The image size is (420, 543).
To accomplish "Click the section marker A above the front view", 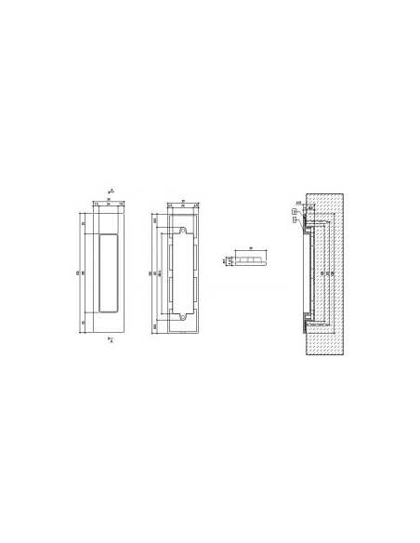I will [x=112, y=190].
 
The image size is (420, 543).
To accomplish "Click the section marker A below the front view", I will [x=112, y=340].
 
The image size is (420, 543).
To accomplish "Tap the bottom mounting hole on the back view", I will [x=183, y=317].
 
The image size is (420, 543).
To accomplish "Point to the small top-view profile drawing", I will [x=250, y=260].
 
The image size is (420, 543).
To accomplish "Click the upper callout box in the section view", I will [x=294, y=211].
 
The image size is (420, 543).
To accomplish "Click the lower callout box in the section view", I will [x=296, y=221].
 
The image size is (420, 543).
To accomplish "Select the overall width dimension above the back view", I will [x=181, y=200].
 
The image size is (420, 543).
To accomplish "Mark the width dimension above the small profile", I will [x=250, y=249].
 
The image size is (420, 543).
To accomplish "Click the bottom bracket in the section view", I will [x=307, y=321].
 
